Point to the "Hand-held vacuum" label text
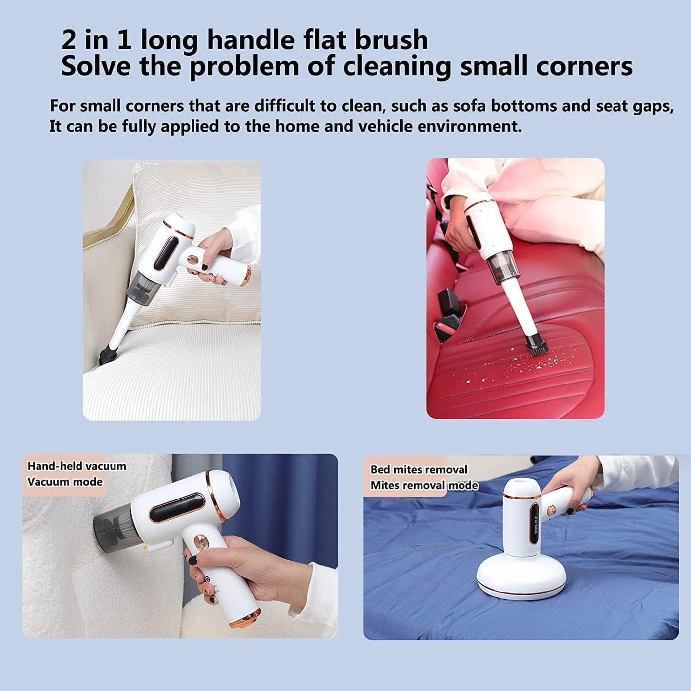tap(77, 466)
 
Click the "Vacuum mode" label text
tap(65, 482)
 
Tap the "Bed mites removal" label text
tap(419, 469)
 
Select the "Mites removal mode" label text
tap(424, 485)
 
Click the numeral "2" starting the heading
tap(69, 39)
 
